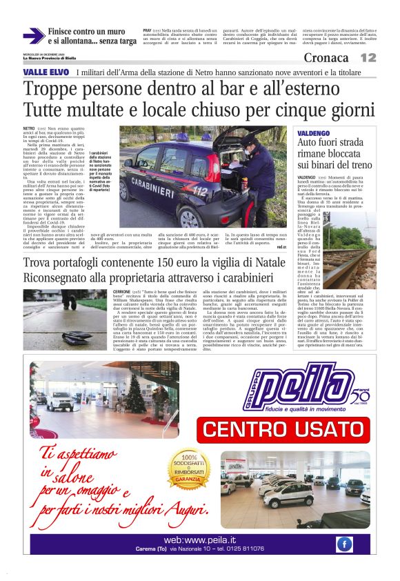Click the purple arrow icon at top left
coord(33,36)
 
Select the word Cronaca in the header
coord(326,58)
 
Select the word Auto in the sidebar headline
coord(309,143)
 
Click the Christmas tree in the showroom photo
coord(133,389)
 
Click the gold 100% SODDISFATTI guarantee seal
coord(182,469)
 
